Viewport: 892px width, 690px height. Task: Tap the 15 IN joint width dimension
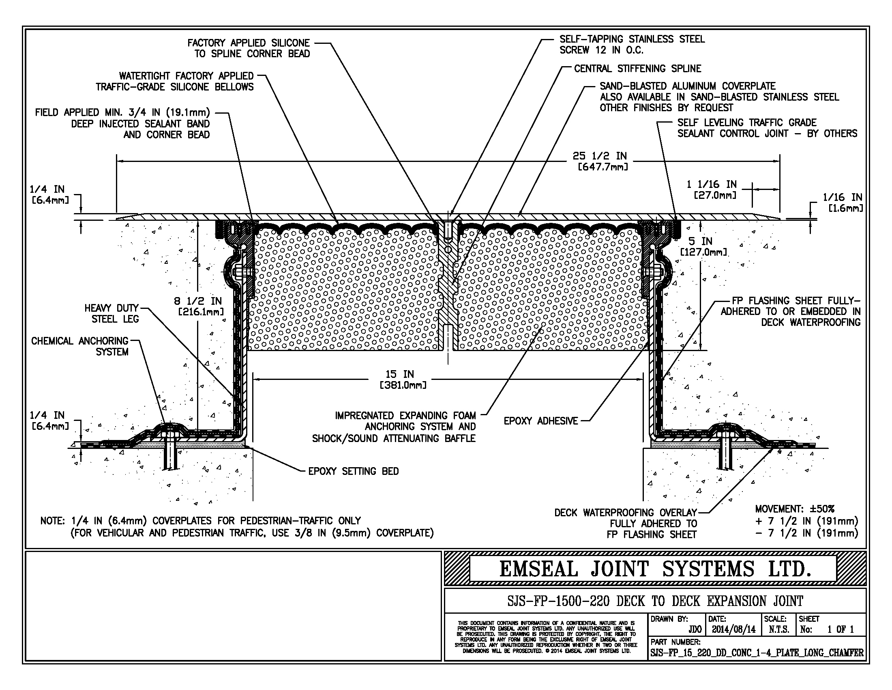click(x=403, y=379)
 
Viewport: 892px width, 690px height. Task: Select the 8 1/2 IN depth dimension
click(x=198, y=306)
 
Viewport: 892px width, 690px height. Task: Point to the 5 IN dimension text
click(x=703, y=246)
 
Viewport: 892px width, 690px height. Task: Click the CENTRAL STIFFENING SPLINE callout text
click(x=637, y=68)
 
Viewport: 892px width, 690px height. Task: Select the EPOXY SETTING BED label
click(x=353, y=471)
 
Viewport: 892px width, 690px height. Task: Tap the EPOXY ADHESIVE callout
click(x=541, y=420)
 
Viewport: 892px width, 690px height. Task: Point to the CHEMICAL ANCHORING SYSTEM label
click(x=79, y=346)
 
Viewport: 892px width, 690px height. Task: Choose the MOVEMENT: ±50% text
click(x=794, y=509)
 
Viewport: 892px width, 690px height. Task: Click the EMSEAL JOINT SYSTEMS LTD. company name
click(x=655, y=569)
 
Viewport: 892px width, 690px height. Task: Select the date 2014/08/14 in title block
click(x=733, y=629)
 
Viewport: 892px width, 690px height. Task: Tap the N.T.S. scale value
click(x=779, y=629)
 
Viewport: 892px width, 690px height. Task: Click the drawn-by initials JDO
click(x=695, y=629)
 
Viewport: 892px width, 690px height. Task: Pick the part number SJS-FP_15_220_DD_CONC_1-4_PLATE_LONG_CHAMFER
click(x=757, y=653)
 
